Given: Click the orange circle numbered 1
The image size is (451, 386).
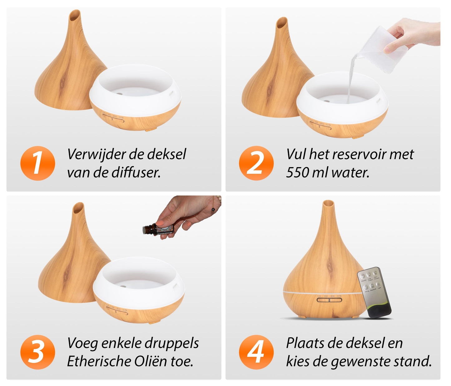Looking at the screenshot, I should [x=37, y=163].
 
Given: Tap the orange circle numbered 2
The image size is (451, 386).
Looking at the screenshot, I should [x=256, y=163].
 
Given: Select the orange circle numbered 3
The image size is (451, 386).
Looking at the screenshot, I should [x=37, y=352].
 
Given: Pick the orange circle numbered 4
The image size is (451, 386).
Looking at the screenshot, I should [x=256, y=352].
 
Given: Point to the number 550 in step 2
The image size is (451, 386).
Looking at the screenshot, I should [x=298, y=172].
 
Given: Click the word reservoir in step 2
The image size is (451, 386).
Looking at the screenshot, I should [x=359, y=154].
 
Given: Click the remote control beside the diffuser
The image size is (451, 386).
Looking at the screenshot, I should [x=374, y=292].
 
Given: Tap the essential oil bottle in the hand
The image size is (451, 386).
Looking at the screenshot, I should [x=158, y=229].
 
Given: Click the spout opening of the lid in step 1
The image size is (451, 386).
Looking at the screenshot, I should [x=75, y=15].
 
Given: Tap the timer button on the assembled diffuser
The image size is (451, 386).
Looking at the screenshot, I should [x=329, y=300].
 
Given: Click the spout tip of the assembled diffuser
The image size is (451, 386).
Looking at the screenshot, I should [x=328, y=203].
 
